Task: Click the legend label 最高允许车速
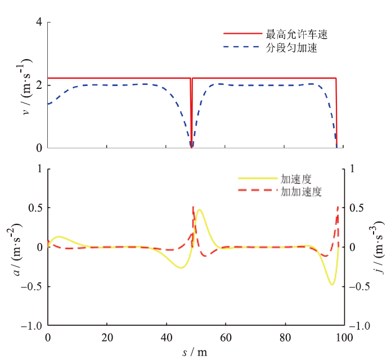click(x=296, y=34)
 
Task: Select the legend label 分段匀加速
click(x=291, y=48)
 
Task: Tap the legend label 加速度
click(x=296, y=179)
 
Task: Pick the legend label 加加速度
click(x=301, y=192)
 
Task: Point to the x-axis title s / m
click(x=195, y=353)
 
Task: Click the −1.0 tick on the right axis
click(x=361, y=326)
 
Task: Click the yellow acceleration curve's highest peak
click(x=199, y=210)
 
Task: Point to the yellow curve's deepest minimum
click(x=332, y=285)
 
